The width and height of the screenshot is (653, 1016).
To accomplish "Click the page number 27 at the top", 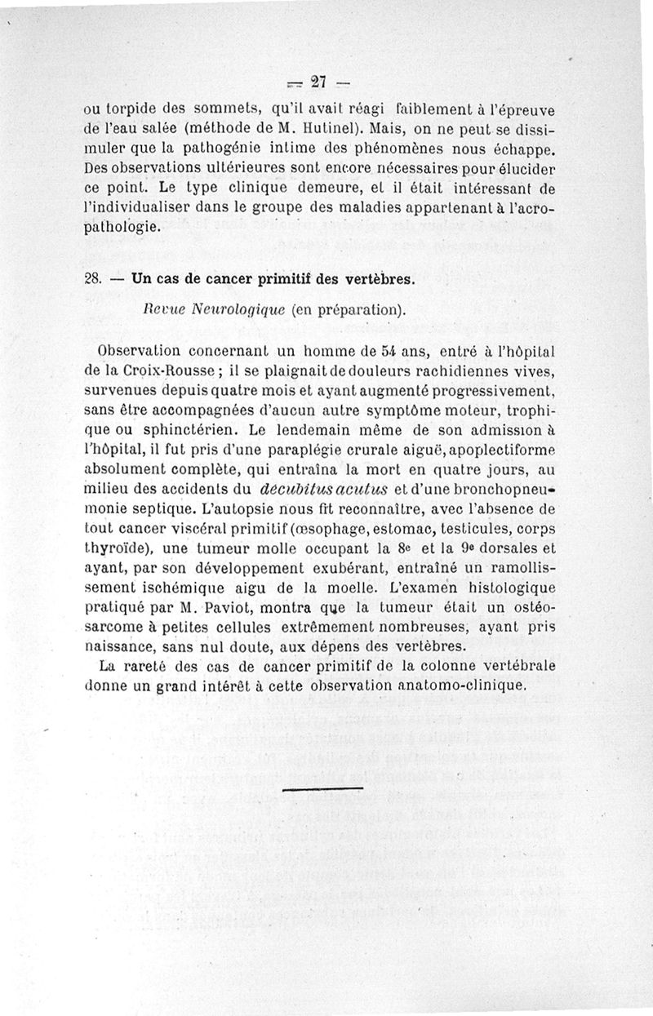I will (x=318, y=81).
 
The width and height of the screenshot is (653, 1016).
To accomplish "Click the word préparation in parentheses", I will (x=362, y=310).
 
